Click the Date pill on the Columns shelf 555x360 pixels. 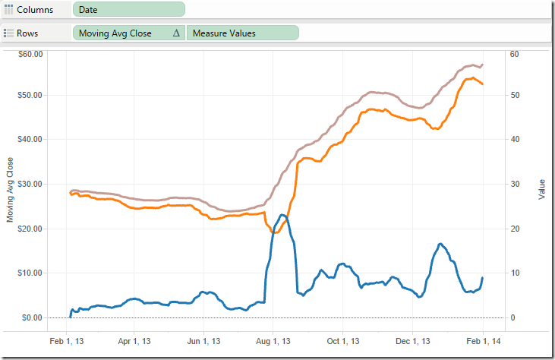tap(129, 9)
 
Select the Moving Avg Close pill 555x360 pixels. tap(121, 33)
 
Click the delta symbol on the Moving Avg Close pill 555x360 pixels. tap(176, 33)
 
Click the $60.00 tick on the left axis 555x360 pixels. tap(31, 54)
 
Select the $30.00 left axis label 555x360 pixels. tap(31, 184)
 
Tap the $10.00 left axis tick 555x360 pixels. tap(31, 273)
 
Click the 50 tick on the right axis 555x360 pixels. tap(514, 95)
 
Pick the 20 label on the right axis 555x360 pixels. tap(514, 229)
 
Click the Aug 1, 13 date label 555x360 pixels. tap(274, 342)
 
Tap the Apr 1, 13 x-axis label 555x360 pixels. tap(135, 342)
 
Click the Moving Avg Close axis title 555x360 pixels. tap(10, 190)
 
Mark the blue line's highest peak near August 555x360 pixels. tap(282, 215)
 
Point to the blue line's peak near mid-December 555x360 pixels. tap(440, 244)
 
